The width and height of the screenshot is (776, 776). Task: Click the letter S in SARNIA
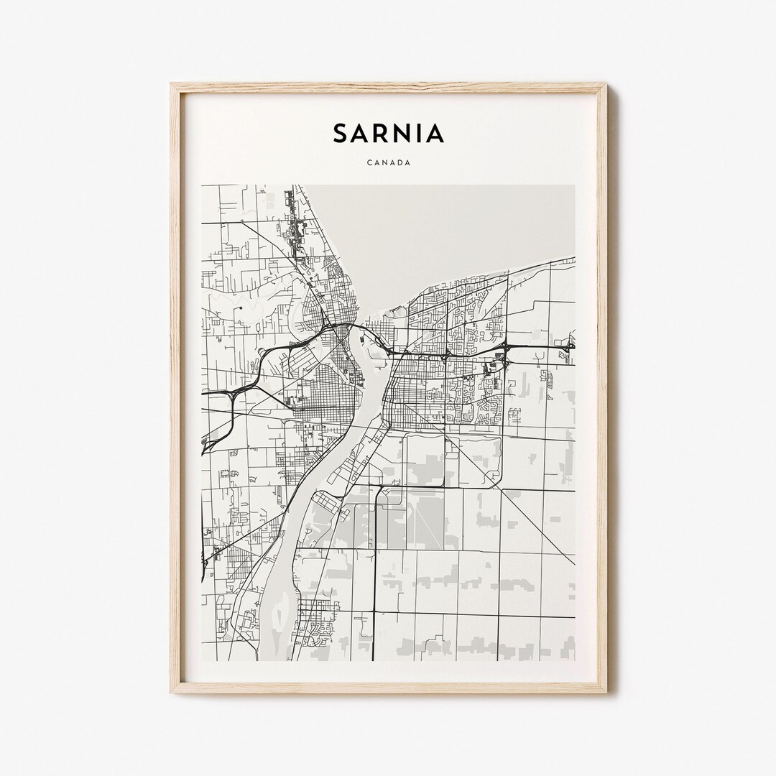[341, 134]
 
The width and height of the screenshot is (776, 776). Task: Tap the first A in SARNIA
[361, 134]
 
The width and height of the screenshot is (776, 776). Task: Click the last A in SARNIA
[435, 134]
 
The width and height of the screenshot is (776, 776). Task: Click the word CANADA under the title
[388, 163]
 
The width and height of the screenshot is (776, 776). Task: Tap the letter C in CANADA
[369, 163]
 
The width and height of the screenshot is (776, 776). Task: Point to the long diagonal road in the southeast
[539, 525]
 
